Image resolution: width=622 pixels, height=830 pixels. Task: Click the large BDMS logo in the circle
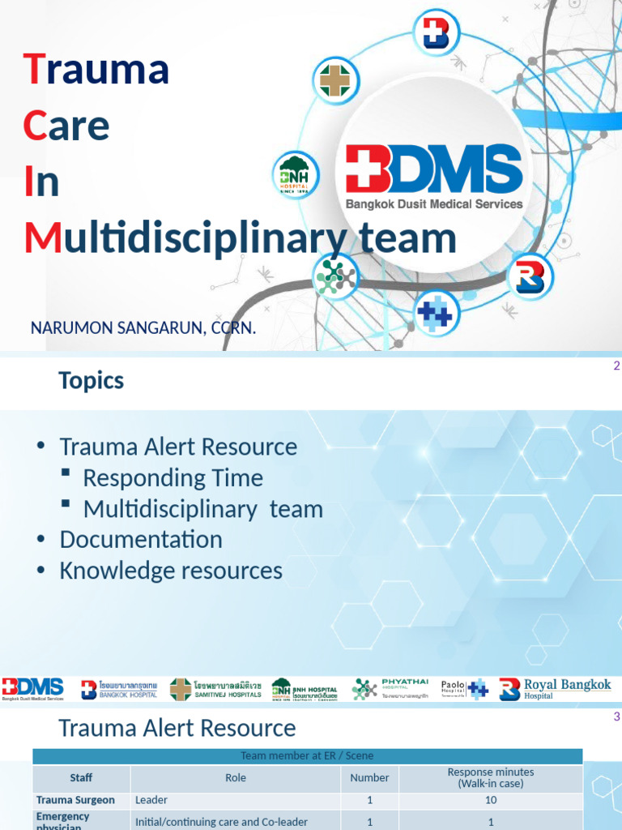click(434, 177)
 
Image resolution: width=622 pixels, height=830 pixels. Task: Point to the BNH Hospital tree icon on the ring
click(295, 173)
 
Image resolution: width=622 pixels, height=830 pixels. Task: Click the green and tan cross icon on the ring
click(336, 81)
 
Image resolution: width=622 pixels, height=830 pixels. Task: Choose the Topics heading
click(91, 380)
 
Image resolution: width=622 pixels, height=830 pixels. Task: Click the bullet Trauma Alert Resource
click(178, 447)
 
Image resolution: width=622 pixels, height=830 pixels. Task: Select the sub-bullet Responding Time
click(173, 477)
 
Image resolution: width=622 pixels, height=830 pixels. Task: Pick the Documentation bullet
click(140, 539)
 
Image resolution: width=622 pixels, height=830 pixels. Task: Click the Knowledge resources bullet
click(171, 571)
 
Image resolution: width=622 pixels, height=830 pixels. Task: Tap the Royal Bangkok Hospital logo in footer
click(556, 689)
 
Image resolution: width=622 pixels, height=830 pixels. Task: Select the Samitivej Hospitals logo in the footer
click(215, 689)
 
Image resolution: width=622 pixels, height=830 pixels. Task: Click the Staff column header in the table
click(81, 777)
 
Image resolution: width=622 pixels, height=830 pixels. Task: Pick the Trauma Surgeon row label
click(75, 799)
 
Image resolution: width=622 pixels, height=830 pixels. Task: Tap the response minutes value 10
click(491, 799)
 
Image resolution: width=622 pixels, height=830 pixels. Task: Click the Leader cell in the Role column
click(151, 799)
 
